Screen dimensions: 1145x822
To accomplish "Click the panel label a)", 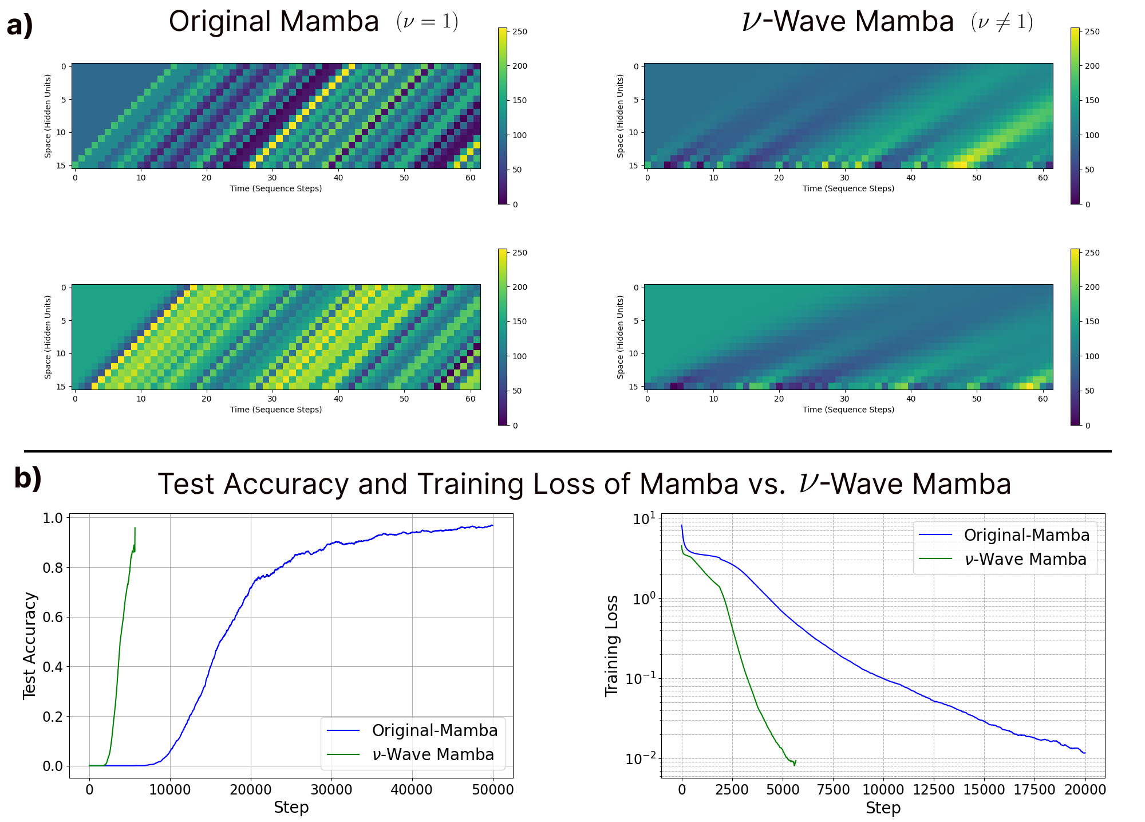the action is click(x=20, y=26).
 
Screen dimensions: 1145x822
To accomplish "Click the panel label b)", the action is click(x=28, y=478).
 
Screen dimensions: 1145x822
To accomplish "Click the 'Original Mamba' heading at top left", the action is click(x=274, y=22).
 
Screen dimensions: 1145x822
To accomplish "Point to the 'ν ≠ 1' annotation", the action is click(x=1002, y=22).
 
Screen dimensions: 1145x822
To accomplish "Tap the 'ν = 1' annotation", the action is click(x=427, y=22).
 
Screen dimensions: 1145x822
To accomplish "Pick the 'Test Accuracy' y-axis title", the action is click(x=30, y=646).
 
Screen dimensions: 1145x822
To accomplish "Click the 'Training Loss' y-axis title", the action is click(x=612, y=646).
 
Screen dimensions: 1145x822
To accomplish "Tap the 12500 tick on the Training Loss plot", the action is click(x=933, y=790).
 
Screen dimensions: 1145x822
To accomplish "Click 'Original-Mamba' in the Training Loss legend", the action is click(x=1027, y=535).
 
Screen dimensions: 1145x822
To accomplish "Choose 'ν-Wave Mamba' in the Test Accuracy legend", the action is click(x=433, y=754).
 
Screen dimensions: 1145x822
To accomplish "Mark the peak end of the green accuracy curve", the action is click(x=135, y=528).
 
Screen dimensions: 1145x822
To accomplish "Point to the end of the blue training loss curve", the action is click(x=1085, y=753).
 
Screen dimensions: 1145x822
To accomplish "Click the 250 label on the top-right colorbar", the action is click(x=1092, y=32).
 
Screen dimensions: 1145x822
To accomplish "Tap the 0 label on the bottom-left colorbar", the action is click(x=515, y=425).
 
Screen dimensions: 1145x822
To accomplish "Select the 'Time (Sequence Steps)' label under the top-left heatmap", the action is click(x=276, y=188).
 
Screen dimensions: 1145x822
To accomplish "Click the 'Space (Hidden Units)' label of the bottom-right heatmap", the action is click(x=621, y=337).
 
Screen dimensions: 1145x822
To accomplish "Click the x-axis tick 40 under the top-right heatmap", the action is click(x=911, y=178).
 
